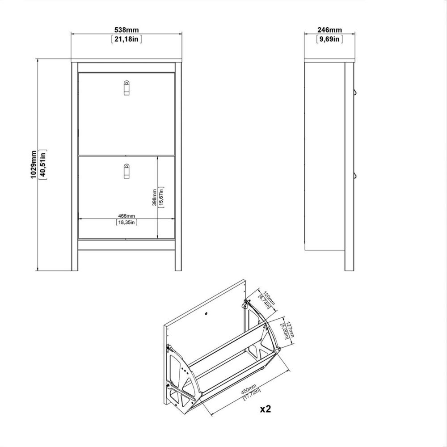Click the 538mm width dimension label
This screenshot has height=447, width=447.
pos(127,30)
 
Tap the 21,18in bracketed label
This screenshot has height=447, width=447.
pos(127,39)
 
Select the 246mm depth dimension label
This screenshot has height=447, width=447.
pos(329,30)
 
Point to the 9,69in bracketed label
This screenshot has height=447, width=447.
pos(329,39)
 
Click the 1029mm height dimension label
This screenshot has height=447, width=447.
pos(34,164)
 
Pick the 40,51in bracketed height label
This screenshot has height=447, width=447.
pos(43,164)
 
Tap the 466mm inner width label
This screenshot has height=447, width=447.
pos(127,216)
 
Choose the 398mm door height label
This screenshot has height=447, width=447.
pos(154,197)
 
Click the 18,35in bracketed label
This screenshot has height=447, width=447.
pos(127,222)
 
